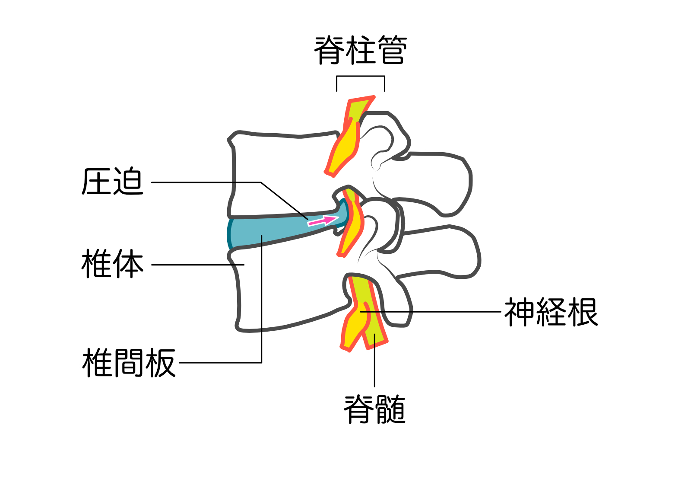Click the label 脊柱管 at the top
coord(360,51)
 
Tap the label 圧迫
coord(112,182)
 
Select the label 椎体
coord(112,264)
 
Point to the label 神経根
coord(551,312)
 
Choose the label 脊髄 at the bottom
coord(374,409)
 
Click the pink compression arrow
coord(323,221)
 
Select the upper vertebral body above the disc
coord(281,173)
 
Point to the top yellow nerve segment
coord(345,143)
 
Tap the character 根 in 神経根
coord(583,312)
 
